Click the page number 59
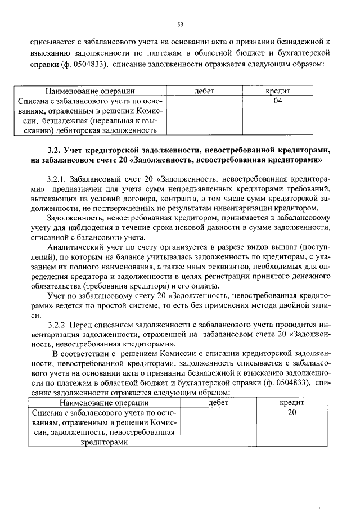(x=180, y=24)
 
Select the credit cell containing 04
(x=277, y=101)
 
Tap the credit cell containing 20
(x=291, y=412)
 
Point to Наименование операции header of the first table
(x=90, y=91)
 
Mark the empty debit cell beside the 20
(x=217, y=427)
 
